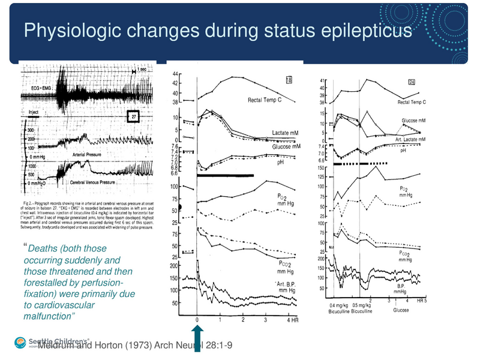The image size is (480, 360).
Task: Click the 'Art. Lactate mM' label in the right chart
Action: pos(410,139)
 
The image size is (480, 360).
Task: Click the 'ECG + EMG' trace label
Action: pos(40,88)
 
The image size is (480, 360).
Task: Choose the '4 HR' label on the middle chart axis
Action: pos(292,320)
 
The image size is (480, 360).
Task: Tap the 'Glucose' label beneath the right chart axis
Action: pos(401,310)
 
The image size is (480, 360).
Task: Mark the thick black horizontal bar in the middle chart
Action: pos(225,176)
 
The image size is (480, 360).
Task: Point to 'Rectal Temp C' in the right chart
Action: pos(412,103)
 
